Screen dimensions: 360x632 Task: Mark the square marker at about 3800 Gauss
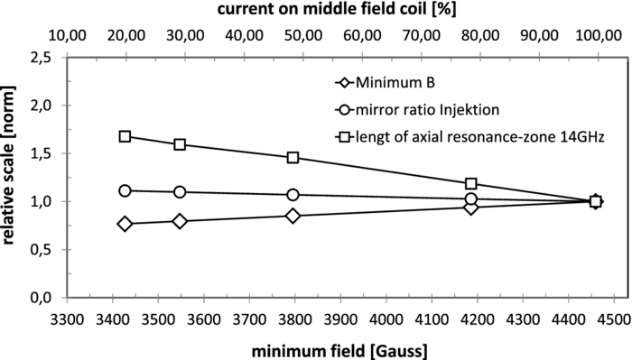click(293, 157)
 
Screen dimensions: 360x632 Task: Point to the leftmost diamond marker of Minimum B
click(125, 224)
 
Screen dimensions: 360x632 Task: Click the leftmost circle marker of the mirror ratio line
click(125, 190)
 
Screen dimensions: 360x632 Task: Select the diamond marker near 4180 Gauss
click(470, 208)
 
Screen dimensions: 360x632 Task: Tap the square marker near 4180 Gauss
click(470, 183)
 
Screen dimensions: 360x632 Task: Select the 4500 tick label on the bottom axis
click(614, 319)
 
